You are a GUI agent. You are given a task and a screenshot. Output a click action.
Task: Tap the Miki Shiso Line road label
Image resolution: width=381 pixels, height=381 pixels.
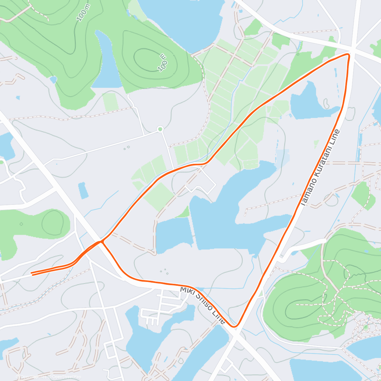point(203,305)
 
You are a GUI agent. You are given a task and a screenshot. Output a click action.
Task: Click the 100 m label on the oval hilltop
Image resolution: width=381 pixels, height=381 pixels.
point(163,62)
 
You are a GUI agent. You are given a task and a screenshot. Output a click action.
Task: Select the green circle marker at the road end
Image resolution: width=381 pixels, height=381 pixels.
point(160,129)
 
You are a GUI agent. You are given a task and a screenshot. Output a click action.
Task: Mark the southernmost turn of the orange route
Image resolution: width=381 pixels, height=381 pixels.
point(235,326)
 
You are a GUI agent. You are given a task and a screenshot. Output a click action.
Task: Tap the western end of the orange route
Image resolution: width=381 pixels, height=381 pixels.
point(32,273)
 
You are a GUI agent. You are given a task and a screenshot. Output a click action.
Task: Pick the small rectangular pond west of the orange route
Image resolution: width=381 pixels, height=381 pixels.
point(83,190)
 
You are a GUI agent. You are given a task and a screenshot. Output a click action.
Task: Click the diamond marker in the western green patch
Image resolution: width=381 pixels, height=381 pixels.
point(21,224)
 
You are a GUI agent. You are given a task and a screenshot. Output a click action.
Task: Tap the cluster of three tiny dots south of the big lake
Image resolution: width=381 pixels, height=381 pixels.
point(164,271)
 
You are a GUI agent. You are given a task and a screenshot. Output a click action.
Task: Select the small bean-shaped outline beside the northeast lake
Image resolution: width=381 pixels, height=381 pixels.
point(326,103)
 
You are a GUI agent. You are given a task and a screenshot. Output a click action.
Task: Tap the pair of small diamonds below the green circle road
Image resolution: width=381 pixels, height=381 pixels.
point(126,147)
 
